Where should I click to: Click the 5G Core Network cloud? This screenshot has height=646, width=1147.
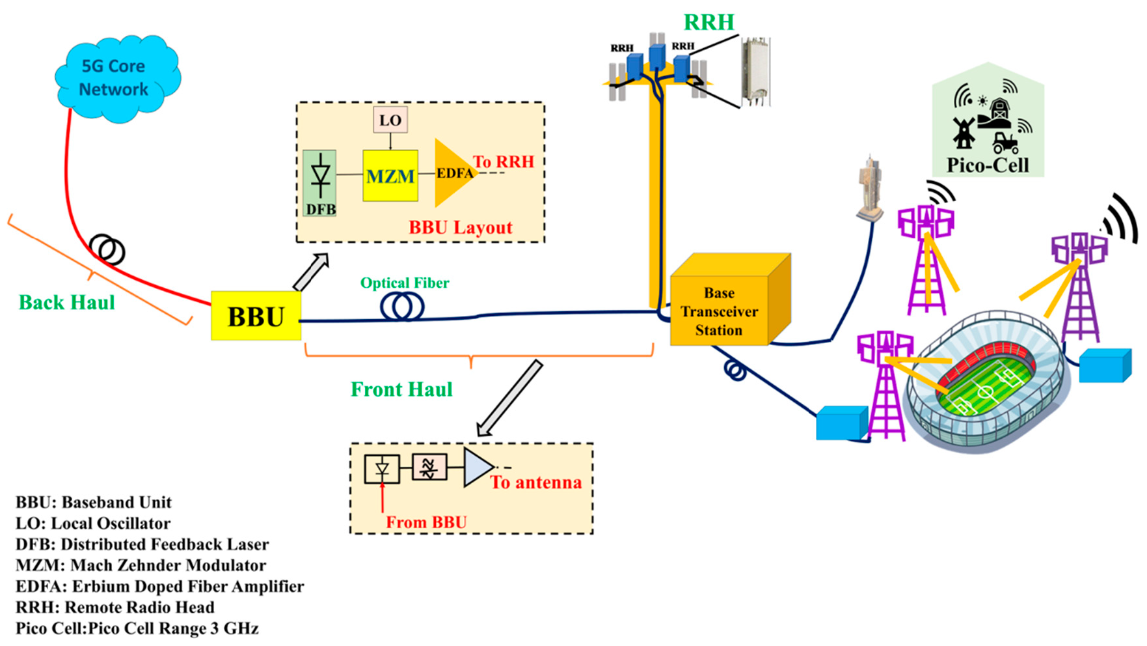tap(116, 78)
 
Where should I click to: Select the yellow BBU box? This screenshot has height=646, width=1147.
tap(256, 316)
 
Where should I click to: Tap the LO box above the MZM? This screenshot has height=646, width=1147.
tap(390, 120)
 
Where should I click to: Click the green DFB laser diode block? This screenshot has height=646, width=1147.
tap(319, 183)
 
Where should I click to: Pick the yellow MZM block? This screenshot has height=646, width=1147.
tap(390, 176)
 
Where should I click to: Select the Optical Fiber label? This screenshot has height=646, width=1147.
tap(404, 283)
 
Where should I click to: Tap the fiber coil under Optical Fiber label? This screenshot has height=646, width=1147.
tap(402, 307)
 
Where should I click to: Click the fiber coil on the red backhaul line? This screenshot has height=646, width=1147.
tap(107, 249)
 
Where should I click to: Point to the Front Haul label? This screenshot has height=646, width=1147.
tap(401, 389)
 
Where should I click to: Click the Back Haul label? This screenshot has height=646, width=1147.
tap(66, 302)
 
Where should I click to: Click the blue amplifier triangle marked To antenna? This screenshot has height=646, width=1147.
tap(477, 467)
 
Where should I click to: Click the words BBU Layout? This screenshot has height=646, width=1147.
tap(460, 227)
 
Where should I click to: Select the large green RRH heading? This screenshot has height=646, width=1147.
tap(708, 22)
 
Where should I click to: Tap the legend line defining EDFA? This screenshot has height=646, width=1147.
tap(159, 586)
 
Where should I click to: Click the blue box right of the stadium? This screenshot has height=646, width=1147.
tap(1104, 366)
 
